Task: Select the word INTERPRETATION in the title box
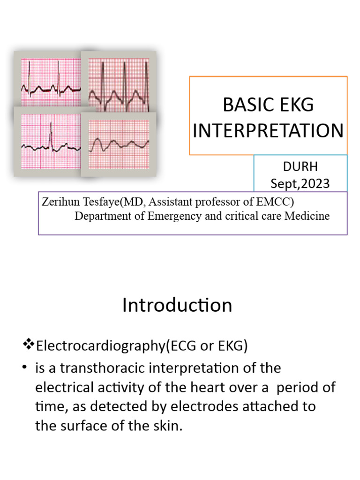(x=268, y=131)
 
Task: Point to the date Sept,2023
(x=300, y=184)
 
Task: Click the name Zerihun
(x=60, y=202)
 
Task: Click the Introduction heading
(x=177, y=305)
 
